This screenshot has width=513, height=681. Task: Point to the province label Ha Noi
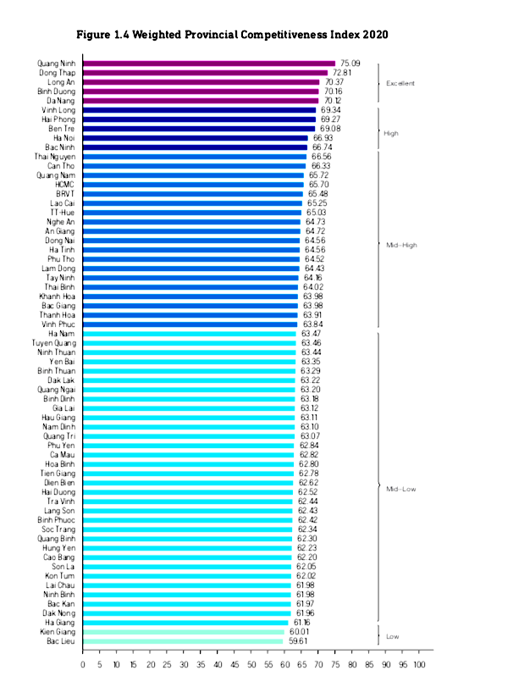(x=63, y=138)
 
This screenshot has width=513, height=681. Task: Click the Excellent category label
(x=400, y=83)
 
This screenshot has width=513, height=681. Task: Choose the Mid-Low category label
(x=400, y=490)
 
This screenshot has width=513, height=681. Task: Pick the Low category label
(x=394, y=636)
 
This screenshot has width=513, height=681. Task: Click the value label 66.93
(x=323, y=138)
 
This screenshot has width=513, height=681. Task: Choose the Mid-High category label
(x=401, y=245)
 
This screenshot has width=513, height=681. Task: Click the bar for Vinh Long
(x=199, y=110)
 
